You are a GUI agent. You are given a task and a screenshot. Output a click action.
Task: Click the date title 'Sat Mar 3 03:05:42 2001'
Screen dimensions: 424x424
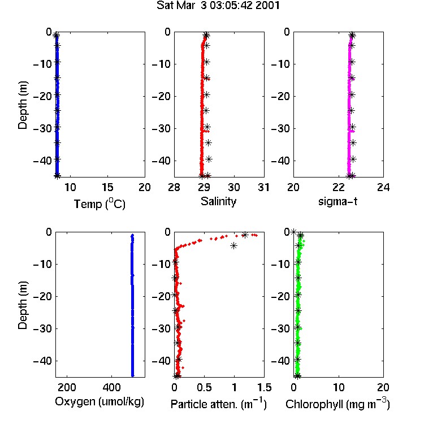pyautogui.click(x=218, y=6)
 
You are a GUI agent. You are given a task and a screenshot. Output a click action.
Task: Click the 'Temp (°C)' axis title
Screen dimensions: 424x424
pyautogui.click(x=99, y=204)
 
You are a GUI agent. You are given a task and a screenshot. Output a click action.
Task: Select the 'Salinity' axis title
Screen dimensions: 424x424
pyautogui.click(x=218, y=201)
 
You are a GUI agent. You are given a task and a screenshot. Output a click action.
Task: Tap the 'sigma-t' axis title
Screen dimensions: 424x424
pyautogui.click(x=338, y=201)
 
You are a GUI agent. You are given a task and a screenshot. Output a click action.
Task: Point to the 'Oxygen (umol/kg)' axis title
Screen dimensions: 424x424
pyautogui.click(x=99, y=401)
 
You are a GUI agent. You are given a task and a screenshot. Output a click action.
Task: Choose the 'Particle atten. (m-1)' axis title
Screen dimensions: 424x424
pyautogui.click(x=218, y=404)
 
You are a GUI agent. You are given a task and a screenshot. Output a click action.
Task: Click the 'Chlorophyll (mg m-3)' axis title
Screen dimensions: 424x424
pyautogui.click(x=338, y=404)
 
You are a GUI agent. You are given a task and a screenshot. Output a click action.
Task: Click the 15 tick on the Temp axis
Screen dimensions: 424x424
pyautogui.click(x=107, y=187)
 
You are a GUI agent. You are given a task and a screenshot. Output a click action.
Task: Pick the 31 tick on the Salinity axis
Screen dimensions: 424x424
pyautogui.click(x=263, y=187)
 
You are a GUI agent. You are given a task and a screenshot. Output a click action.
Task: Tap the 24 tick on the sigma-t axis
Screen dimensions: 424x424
pyautogui.click(x=383, y=187)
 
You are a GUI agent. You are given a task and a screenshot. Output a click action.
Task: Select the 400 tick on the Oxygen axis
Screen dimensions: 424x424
pyautogui.click(x=111, y=387)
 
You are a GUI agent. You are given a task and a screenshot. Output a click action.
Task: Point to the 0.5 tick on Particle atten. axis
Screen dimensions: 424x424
pyautogui.click(x=204, y=387)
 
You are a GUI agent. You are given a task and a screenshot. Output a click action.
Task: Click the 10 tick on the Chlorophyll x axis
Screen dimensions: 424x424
pyautogui.click(x=339, y=387)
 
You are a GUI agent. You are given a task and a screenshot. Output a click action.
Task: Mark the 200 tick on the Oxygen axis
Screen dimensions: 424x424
pyautogui.click(x=67, y=387)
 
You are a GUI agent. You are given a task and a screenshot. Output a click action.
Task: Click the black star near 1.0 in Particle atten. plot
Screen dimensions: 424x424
pyautogui.click(x=233, y=245)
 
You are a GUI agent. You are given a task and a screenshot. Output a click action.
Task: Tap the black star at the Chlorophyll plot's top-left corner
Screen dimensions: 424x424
pyautogui.click(x=293, y=232)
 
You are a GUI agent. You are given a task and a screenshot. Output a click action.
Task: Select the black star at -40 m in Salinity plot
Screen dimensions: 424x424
pyautogui.click(x=209, y=159)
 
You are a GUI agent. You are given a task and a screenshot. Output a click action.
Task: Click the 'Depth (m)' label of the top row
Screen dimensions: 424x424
pyautogui.click(x=23, y=105)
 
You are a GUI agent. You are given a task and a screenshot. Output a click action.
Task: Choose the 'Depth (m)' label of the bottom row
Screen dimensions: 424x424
pyautogui.click(x=23, y=305)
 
